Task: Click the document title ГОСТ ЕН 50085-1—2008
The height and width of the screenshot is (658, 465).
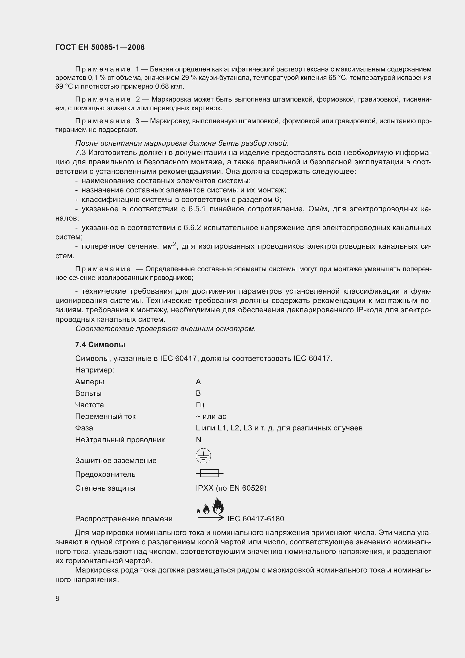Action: (x=100, y=47)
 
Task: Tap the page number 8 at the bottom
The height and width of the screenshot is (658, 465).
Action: (x=57, y=598)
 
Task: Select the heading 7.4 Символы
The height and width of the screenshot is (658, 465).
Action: (x=100, y=345)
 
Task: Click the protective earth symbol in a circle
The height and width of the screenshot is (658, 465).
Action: (x=203, y=456)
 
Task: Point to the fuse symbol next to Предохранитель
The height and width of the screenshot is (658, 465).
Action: (x=210, y=473)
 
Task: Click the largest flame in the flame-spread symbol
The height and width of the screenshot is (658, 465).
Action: (x=218, y=506)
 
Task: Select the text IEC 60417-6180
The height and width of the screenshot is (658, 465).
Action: (x=256, y=519)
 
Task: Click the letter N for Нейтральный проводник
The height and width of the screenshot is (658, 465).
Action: (x=198, y=440)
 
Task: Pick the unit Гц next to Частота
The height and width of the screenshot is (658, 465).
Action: (x=200, y=405)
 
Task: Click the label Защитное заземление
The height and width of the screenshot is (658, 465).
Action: (x=116, y=461)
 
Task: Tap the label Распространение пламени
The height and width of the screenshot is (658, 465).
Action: (x=124, y=519)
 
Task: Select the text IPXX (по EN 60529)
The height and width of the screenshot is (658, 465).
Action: (x=231, y=488)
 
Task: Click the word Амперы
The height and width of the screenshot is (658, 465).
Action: (x=90, y=382)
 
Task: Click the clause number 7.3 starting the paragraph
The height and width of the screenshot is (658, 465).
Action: (x=81, y=152)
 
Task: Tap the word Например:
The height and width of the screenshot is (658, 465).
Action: (x=94, y=370)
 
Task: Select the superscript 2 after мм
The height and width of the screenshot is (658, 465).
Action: (x=175, y=244)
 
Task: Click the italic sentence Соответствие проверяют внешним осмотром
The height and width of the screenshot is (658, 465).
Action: (x=165, y=329)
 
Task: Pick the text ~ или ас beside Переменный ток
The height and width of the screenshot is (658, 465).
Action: (x=211, y=416)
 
